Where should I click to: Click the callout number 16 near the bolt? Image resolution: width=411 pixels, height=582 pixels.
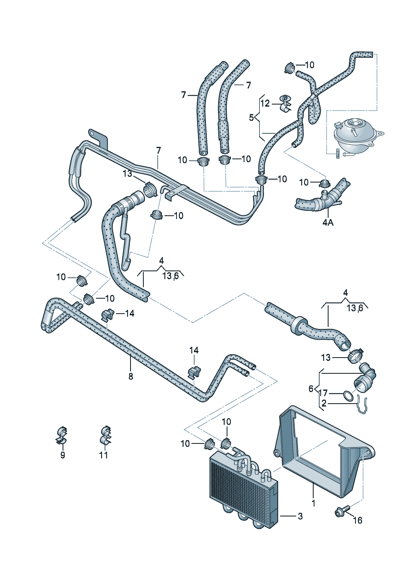coord(357,520)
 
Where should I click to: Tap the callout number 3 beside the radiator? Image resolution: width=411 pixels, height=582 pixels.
coord(300,516)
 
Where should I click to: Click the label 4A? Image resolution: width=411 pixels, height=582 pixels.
coord(327,222)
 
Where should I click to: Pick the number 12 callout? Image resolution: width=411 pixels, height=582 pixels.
coord(265,103)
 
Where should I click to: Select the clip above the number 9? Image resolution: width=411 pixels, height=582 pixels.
coord(62,436)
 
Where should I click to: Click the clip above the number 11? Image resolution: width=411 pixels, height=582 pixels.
coord(105,436)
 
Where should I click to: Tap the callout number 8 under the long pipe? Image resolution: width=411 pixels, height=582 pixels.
coord(131,376)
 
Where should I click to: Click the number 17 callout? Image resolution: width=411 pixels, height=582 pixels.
coord(324,392)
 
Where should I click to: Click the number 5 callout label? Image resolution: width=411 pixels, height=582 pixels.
coord(251,117)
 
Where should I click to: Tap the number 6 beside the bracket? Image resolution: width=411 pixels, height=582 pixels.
coord(311,389)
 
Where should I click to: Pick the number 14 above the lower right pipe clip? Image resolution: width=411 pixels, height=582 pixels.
coord(194,351)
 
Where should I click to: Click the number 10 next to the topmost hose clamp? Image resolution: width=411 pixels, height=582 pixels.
coord(309,65)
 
